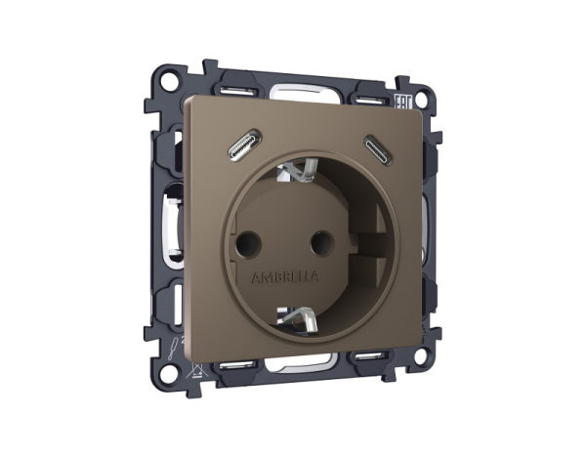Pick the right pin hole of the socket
click(318, 237)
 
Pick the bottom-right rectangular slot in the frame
click(370, 353)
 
